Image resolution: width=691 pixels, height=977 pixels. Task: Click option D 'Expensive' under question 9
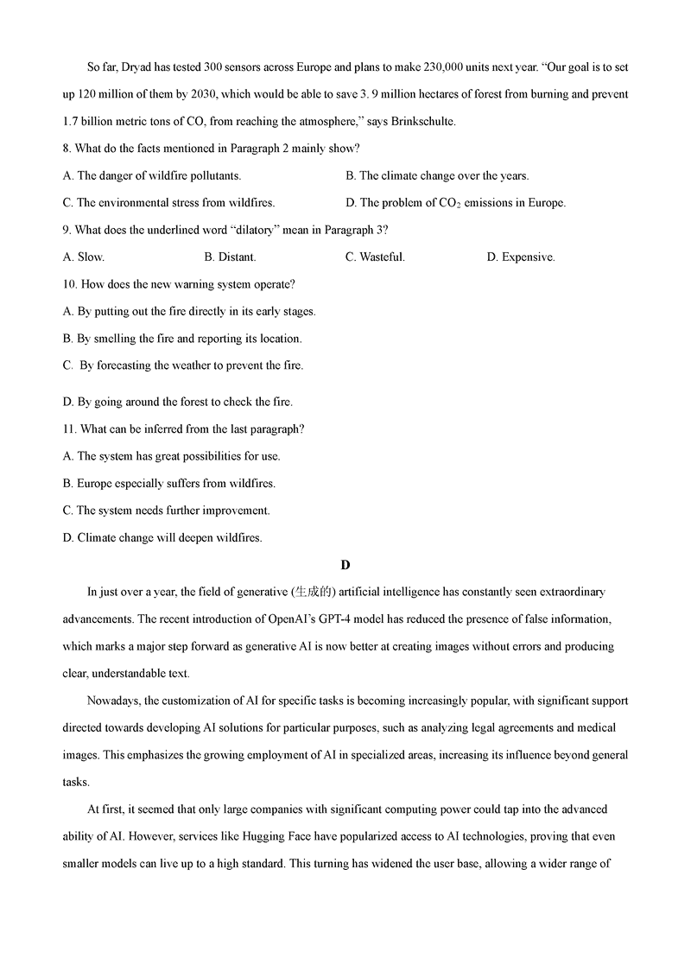pos(521,257)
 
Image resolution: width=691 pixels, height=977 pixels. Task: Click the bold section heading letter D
pos(345,565)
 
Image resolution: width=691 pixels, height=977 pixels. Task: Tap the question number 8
pos(67,149)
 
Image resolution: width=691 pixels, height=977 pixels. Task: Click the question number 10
pos(69,284)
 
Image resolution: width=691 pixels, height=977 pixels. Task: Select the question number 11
pos(69,428)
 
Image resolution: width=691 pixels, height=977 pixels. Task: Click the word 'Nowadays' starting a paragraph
pos(111,701)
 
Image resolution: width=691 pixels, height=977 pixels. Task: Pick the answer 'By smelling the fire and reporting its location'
pos(189,339)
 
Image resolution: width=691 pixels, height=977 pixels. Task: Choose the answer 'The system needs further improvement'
pos(174,511)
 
